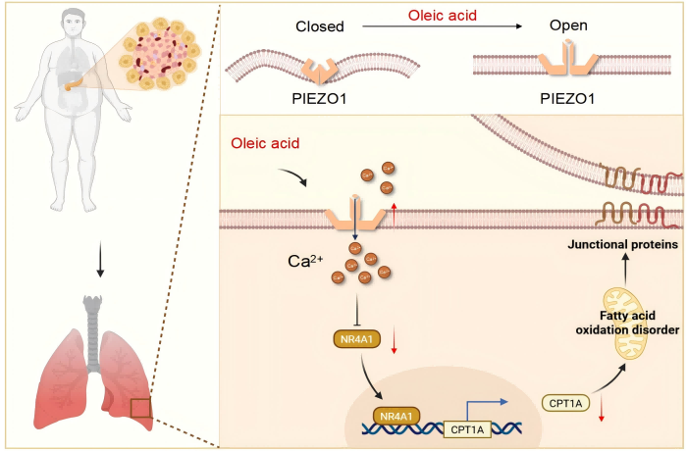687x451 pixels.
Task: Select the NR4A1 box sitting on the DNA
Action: (x=398, y=416)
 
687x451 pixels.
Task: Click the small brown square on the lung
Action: (x=142, y=404)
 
